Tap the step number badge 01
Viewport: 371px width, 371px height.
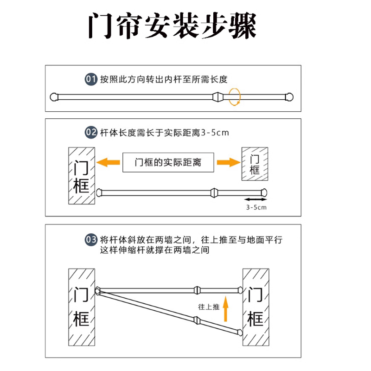click(x=90, y=79)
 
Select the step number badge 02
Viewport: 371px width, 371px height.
click(x=90, y=133)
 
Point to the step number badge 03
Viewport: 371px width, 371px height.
click(x=90, y=240)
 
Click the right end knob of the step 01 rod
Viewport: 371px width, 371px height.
click(x=291, y=97)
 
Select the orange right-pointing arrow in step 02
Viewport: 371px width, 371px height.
click(x=226, y=162)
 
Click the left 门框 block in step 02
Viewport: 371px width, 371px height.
click(x=81, y=176)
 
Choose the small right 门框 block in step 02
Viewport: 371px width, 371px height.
click(x=254, y=164)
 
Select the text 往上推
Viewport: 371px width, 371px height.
click(x=208, y=306)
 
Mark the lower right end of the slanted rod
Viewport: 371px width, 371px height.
click(x=239, y=333)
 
